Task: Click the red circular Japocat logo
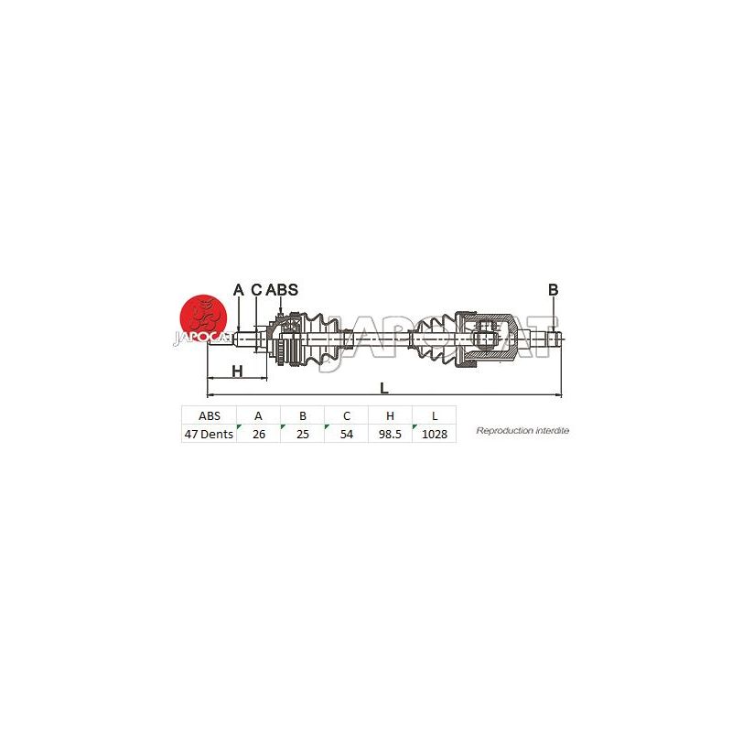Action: pyautogui.click(x=203, y=318)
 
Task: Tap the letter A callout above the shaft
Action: pyautogui.click(x=238, y=290)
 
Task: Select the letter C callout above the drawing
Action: pyautogui.click(x=257, y=290)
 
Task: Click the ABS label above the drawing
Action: pyautogui.click(x=282, y=290)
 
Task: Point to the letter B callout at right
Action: pyautogui.click(x=554, y=290)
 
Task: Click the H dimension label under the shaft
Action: pyautogui.click(x=238, y=371)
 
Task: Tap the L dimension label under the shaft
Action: pyautogui.click(x=383, y=388)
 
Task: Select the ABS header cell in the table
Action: pyautogui.click(x=210, y=415)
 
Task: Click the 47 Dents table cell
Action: pyautogui.click(x=210, y=434)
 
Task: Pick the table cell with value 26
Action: pyautogui.click(x=259, y=434)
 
